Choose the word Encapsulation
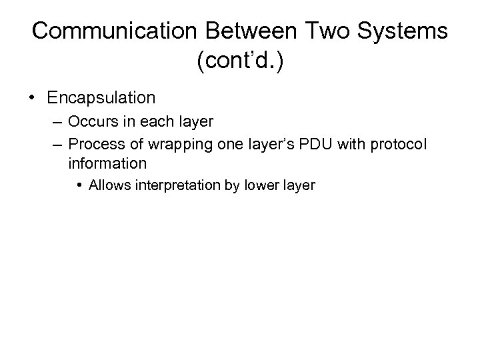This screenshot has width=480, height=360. pos(101,98)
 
